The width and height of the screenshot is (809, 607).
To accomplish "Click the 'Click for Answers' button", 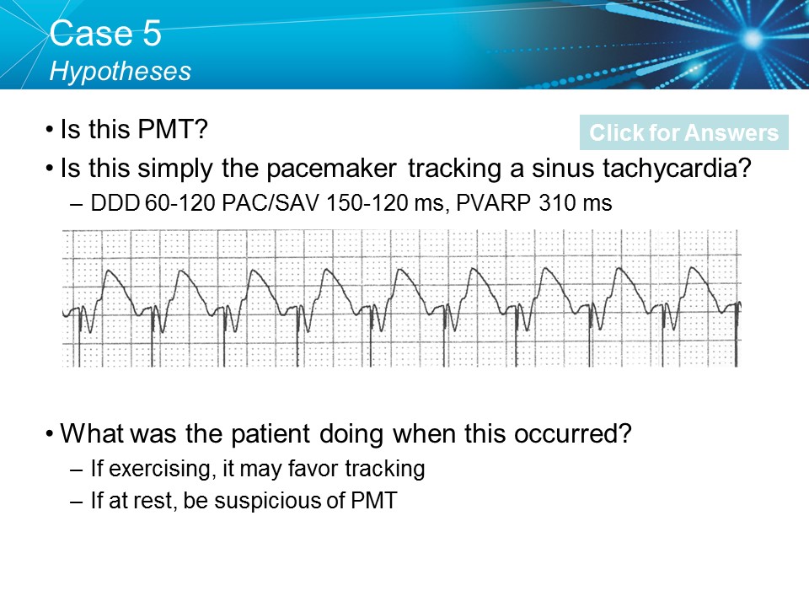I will click(683, 132).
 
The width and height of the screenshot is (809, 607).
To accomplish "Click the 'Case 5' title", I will click(105, 34).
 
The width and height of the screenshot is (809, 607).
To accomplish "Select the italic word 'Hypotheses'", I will click(121, 71).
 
